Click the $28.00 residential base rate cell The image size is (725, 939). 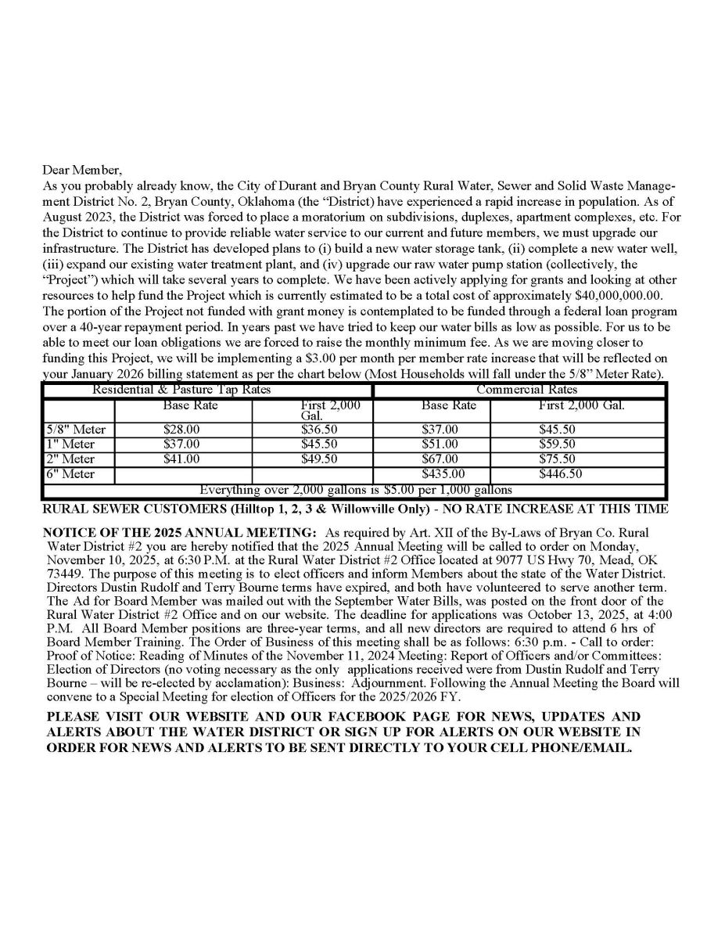click(181, 430)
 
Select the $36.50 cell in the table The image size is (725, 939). click(319, 430)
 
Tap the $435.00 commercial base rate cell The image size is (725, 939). click(443, 474)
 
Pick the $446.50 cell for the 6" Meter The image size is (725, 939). click(557, 474)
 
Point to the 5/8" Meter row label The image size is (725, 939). click(76, 430)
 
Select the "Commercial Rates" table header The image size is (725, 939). click(527, 390)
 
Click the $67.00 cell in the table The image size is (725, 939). click(440, 459)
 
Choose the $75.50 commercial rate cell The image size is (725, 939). click(557, 459)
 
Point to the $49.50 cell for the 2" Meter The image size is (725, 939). click(319, 459)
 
